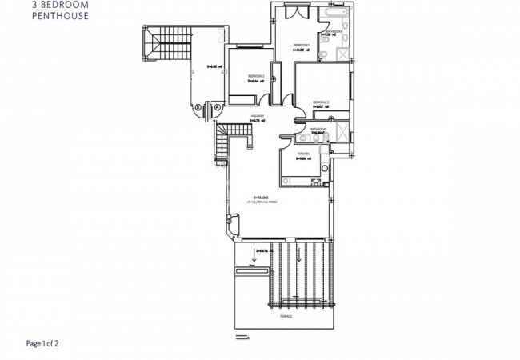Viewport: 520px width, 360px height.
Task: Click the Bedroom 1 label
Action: (301, 44)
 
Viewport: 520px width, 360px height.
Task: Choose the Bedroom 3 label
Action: (321, 102)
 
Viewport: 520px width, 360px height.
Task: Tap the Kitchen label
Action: (303, 153)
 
